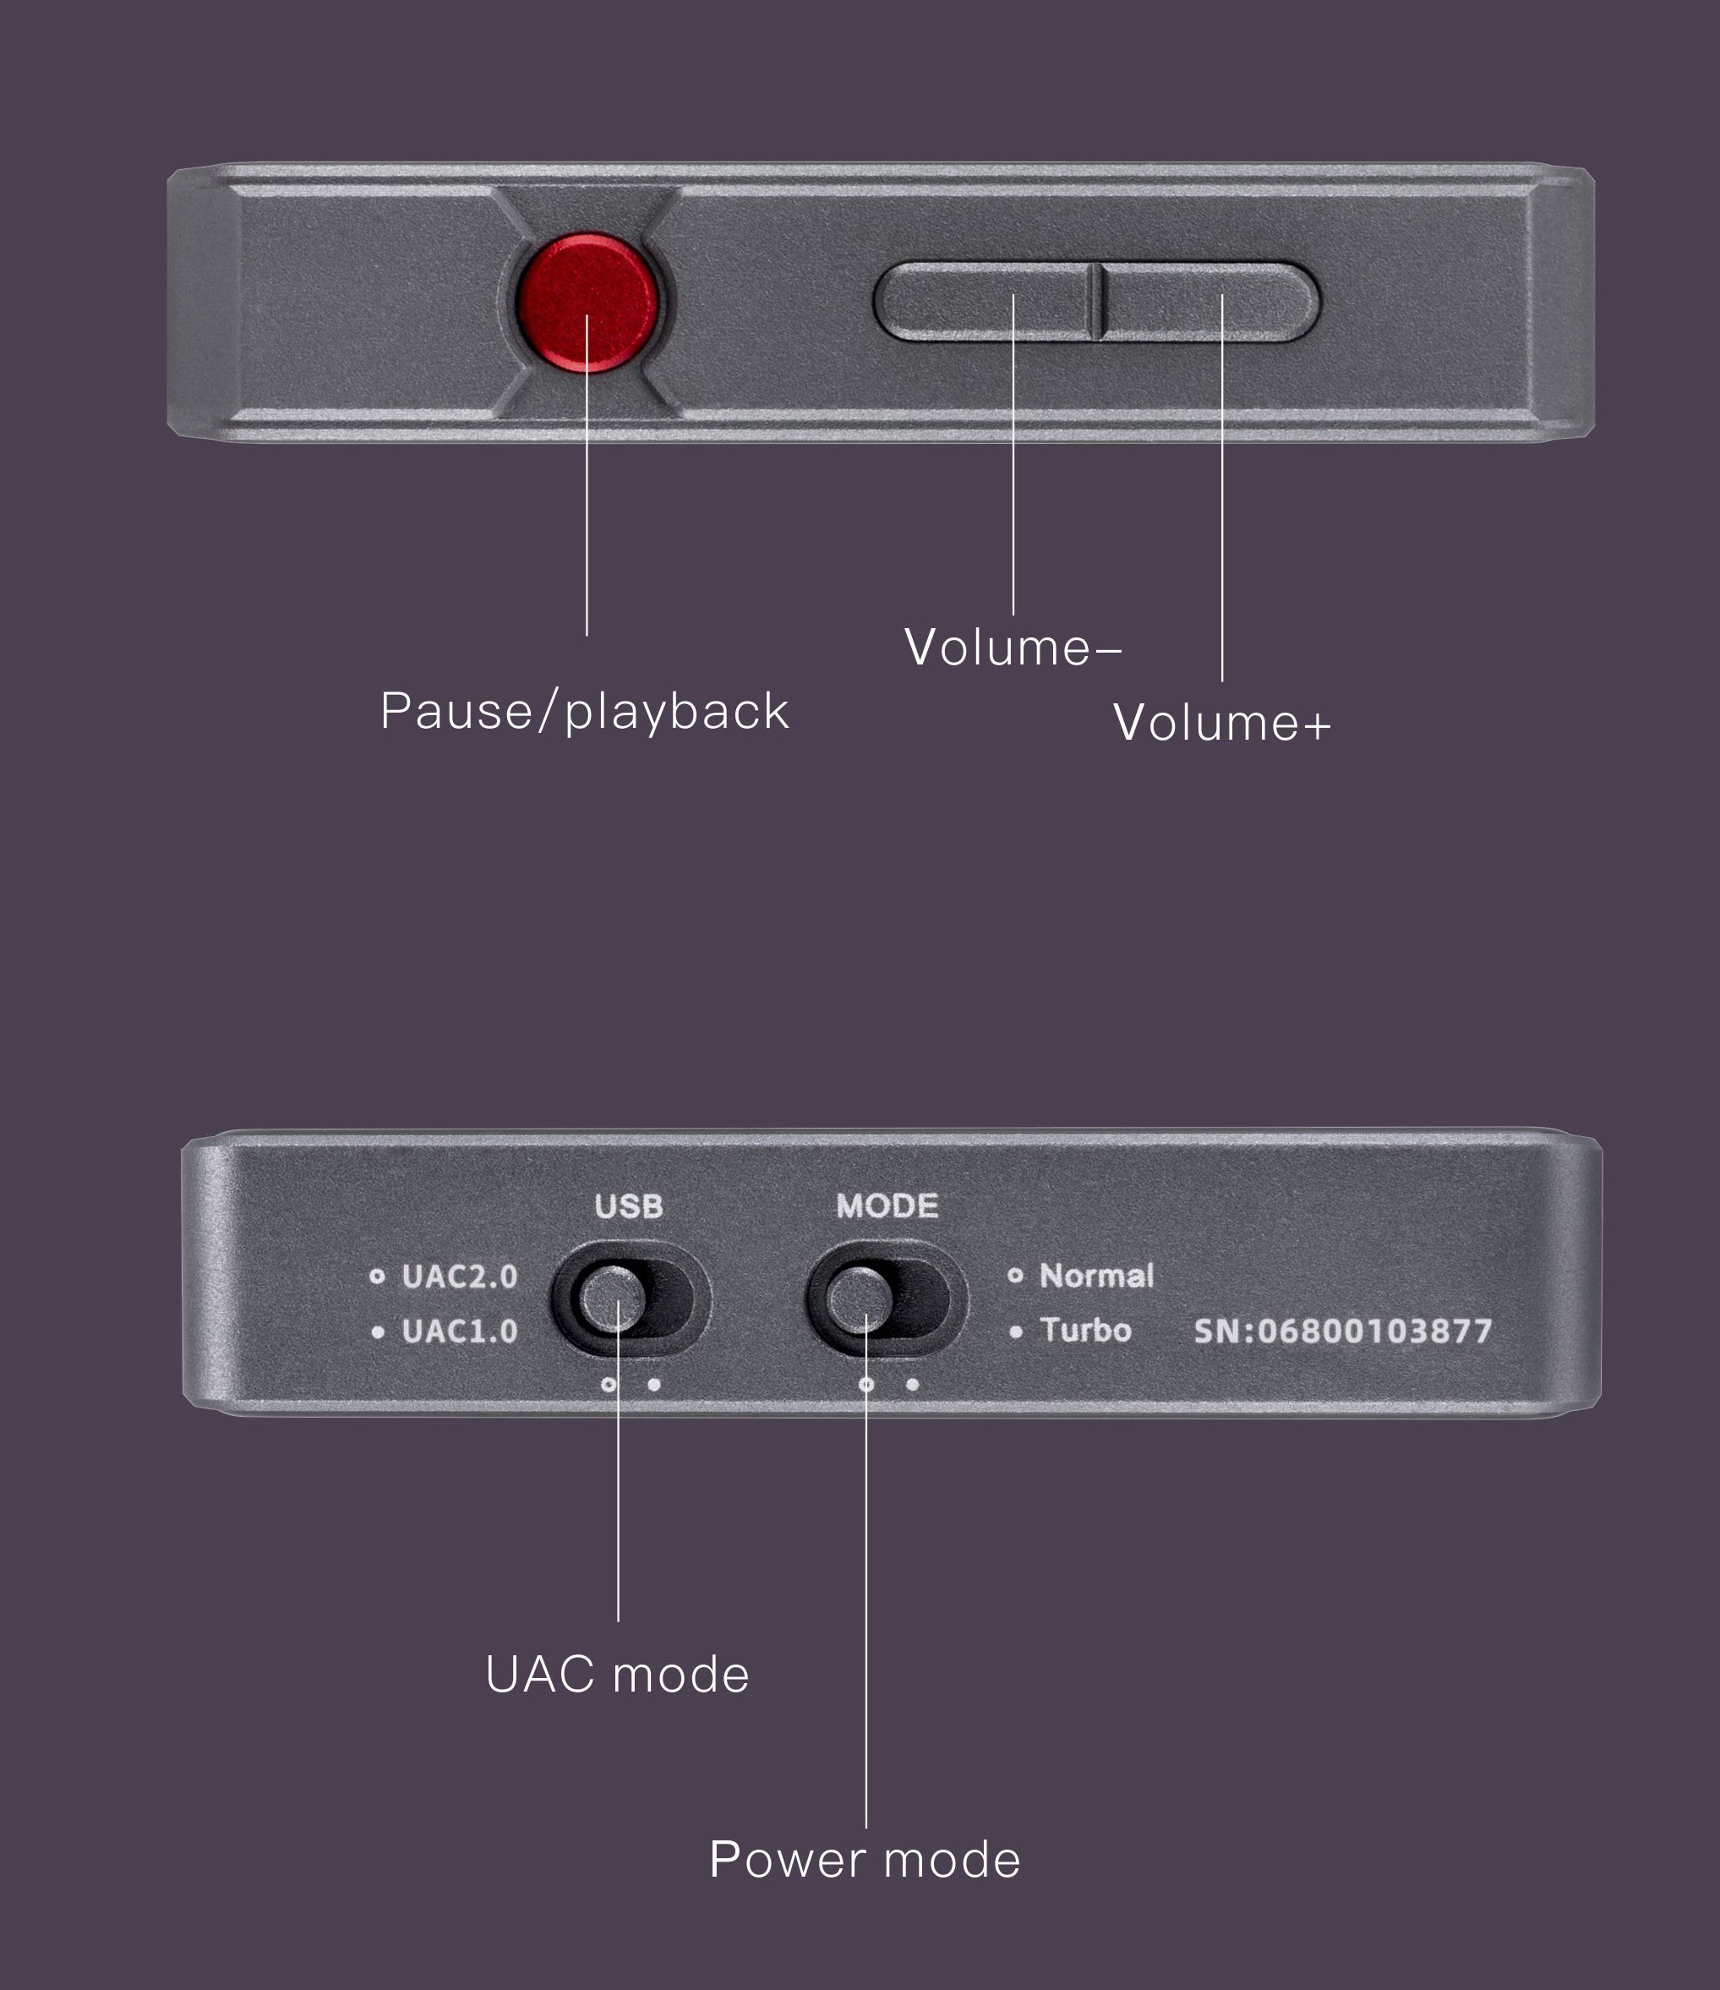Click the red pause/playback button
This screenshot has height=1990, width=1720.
pyautogui.click(x=587, y=302)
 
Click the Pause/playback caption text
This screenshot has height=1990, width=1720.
pyautogui.click(x=584, y=712)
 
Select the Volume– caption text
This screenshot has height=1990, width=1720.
pyautogui.click(x=1013, y=648)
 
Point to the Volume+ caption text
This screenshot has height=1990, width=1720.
pyautogui.click(x=1221, y=723)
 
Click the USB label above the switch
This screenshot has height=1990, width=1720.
pyautogui.click(x=629, y=1206)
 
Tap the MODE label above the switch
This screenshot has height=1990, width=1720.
pyautogui.click(x=887, y=1206)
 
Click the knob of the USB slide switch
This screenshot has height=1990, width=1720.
pyautogui.click(x=609, y=1298)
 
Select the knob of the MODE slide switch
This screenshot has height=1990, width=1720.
pyautogui.click(x=860, y=1298)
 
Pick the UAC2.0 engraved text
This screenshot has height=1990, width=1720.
pyautogui.click(x=459, y=1277)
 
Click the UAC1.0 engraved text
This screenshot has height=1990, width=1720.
pyautogui.click(x=459, y=1331)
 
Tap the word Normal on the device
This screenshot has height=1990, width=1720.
pyautogui.click(x=1095, y=1276)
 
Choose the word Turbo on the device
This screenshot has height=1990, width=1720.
pyautogui.click(x=1085, y=1330)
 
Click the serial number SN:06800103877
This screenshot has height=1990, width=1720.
pyautogui.click(x=1342, y=1331)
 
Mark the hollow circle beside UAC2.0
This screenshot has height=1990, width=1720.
pyautogui.click(x=378, y=1277)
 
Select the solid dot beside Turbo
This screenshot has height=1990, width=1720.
pyautogui.click(x=1016, y=1332)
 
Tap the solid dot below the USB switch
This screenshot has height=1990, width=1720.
pyautogui.click(x=654, y=1384)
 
